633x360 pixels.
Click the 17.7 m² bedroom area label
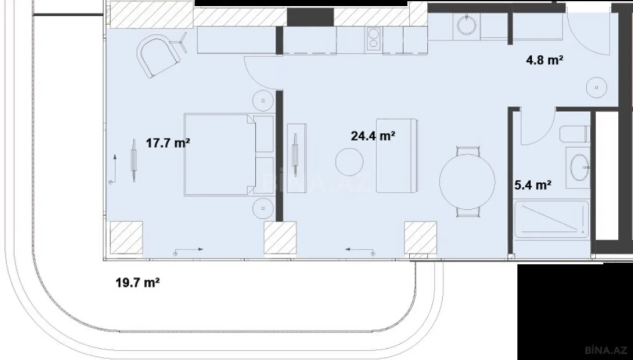tap(167, 144)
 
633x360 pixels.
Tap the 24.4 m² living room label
tap(373, 135)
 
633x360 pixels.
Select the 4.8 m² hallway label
tap(545, 60)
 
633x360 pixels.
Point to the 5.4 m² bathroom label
tap(533, 184)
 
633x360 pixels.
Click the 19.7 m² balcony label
tap(138, 283)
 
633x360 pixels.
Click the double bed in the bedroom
tap(221, 154)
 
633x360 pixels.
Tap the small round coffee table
tap(350, 163)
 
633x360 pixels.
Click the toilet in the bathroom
tap(574, 134)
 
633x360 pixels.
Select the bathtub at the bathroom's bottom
tap(552, 220)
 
